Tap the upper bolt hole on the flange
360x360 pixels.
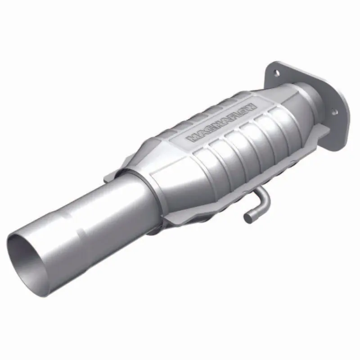click(276, 72)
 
